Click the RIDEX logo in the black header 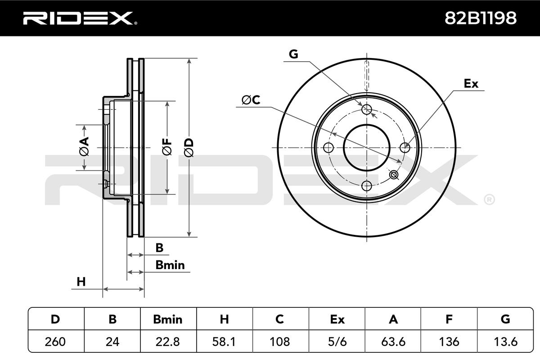tap(80, 18)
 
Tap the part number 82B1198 tap(481, 18)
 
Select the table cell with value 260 tap(55, 342)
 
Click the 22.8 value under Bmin tap(167, 342)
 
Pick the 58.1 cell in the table tap(224, 342)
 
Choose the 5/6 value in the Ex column tap(337, 342)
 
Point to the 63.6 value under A tap(393, 342)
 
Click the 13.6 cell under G tap(505, 342)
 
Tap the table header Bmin tap(168, 319)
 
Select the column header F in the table tap(449, 319)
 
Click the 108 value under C tap(279, 342)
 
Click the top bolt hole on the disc tap(367, 109)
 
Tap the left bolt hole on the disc tap(328, 148)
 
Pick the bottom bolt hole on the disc tap(367, 186)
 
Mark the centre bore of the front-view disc tap(367, 148)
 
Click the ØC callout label tap(251, 100)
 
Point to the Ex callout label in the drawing tap(471, 84)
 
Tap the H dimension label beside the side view tap(81, 282)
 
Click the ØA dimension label tap(84, 146)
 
